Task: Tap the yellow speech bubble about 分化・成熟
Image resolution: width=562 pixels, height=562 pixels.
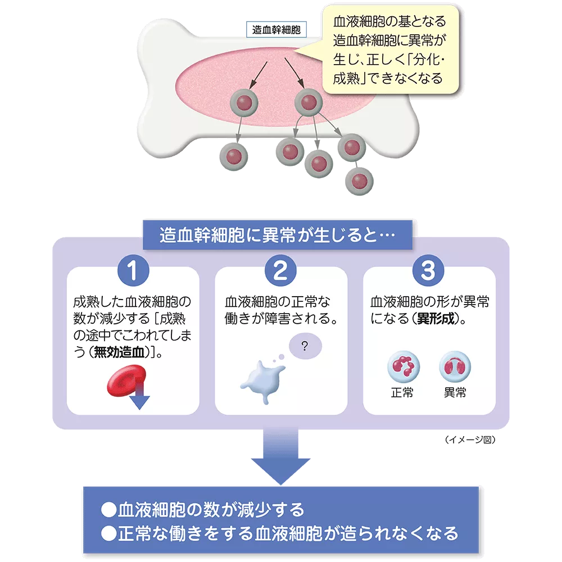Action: [389, 51]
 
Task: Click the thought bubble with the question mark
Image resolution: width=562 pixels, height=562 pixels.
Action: [305, 346]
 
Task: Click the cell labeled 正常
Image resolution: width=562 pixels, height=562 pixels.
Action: [402, 368]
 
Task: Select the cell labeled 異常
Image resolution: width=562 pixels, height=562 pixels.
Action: [455, 368]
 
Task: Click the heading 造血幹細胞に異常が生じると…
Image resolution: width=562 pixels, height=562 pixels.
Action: [277, 235]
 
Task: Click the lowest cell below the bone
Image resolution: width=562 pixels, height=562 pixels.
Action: [359, 181]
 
